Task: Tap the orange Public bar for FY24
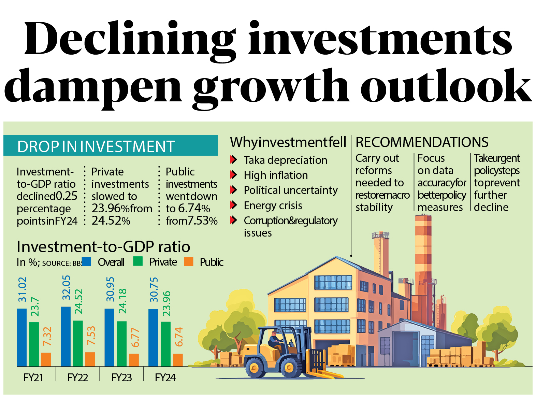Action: [178, 360]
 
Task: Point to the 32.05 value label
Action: [66, 287]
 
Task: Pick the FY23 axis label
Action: [121, 378]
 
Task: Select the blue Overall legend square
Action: [86, 261]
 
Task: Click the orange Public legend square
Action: [188, 261]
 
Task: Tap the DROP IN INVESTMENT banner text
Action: [96, 146]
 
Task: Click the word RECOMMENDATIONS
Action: [422, 142]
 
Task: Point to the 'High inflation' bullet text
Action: [276, 175]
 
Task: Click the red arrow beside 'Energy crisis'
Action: [233, 205]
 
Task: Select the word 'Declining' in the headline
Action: [130, 40]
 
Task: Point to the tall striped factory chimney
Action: [423, 259]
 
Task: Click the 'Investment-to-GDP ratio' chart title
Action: [103, 246]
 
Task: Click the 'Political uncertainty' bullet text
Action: [291, 190]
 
